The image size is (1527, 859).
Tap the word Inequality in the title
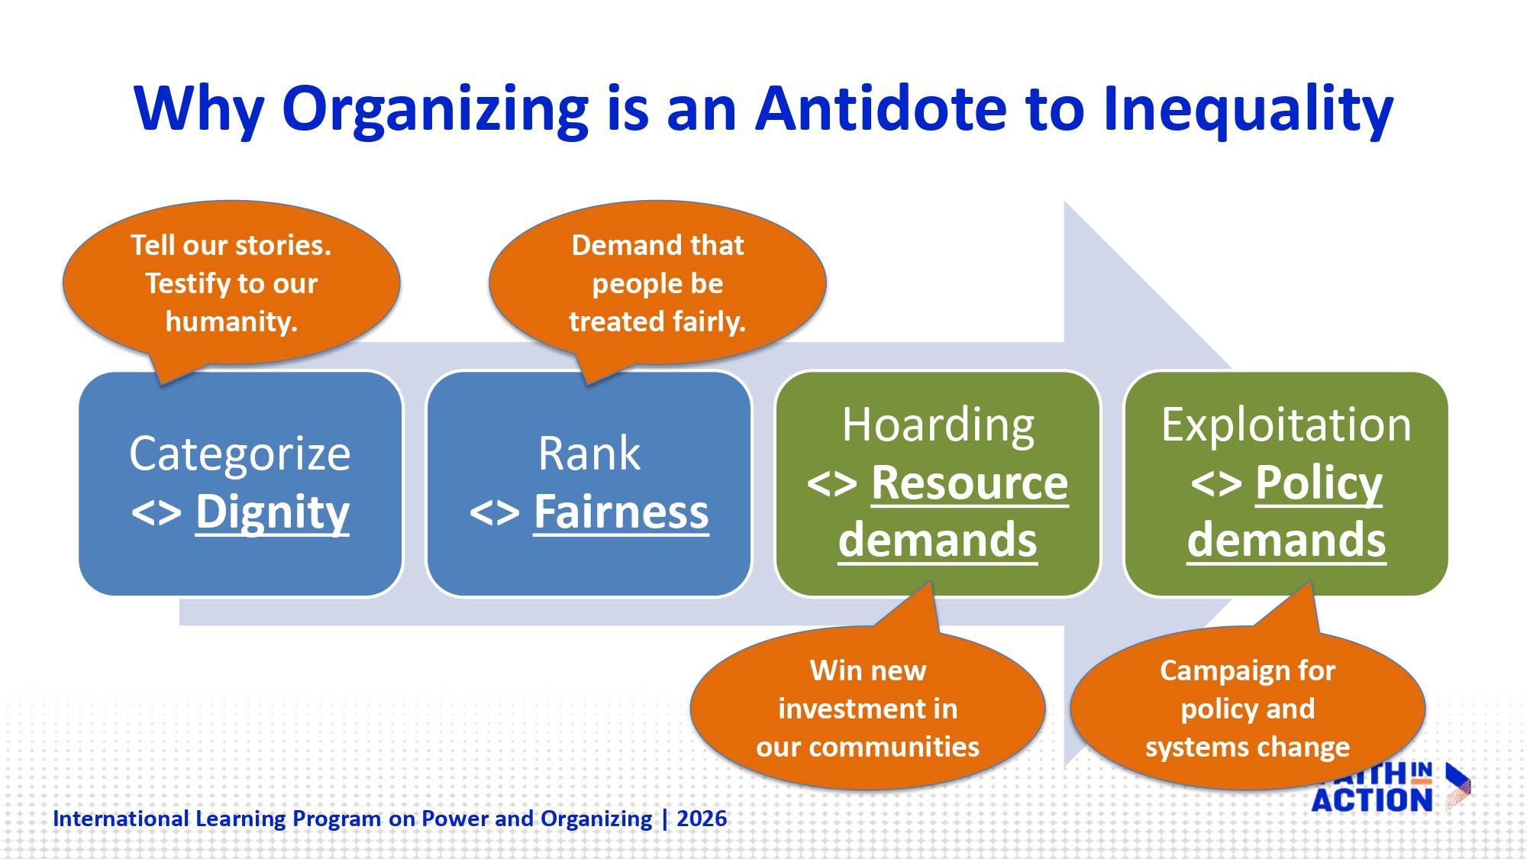[1248, 108]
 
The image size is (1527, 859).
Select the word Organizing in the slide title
[434, 108]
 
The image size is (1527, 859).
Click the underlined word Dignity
[272, 512]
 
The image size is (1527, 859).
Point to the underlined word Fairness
[621, 512]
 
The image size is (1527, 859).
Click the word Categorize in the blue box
[240, 454]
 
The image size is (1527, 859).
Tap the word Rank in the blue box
[589, 454]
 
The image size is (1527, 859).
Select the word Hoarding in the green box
[938, 425]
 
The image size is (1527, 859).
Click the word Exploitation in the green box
[1286, 425]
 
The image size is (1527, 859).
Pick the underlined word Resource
[970, 483]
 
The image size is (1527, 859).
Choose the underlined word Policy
[1319, 483]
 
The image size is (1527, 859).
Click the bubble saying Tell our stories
[231, 283]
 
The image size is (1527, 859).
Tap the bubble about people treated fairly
[657, 283]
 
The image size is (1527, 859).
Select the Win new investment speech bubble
[867, 709]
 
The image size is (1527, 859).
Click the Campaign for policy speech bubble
[1248, 709]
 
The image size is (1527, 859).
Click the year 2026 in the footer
[702, 819]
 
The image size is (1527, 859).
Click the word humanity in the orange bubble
[231, 321]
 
